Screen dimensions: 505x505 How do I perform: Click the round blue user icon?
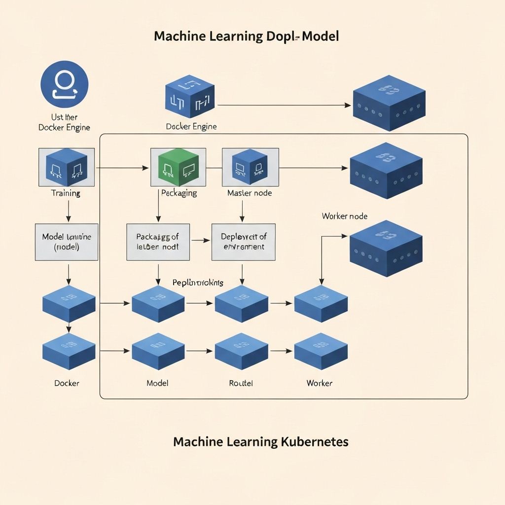[65, 84]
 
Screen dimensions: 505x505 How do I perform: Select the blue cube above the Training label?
[66, 167]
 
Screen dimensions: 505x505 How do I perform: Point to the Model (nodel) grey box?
[67, 242]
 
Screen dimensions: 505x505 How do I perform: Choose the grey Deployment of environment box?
[243, 242]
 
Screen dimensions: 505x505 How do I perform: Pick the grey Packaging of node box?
[158, 242]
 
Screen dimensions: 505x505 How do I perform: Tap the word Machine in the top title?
[180, 36]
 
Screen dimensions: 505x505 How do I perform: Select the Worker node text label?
[344, 216]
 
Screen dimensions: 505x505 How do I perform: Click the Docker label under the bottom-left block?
[67, 383]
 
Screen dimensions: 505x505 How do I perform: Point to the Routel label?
[241, 383]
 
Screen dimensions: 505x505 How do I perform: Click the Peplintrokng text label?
[198, 283]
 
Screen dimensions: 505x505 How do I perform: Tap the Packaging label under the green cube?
[179, 193]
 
